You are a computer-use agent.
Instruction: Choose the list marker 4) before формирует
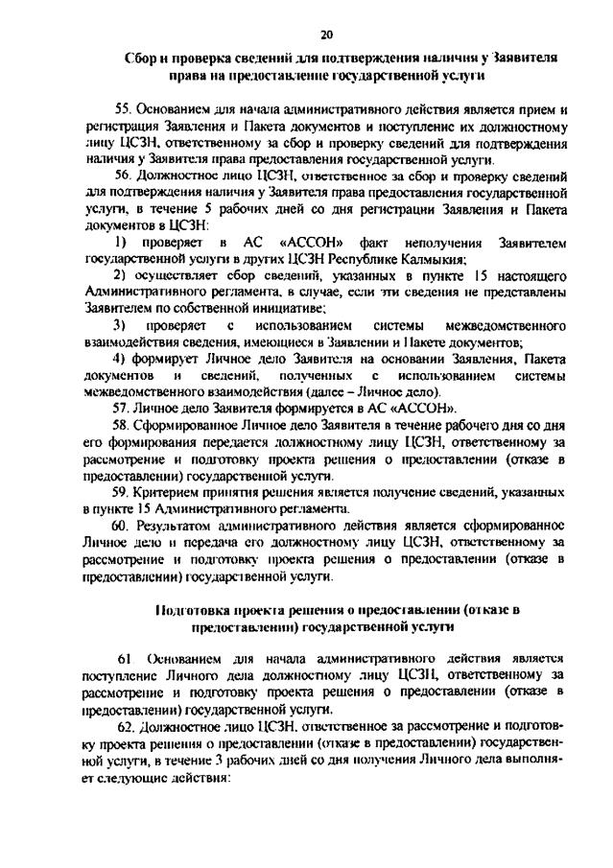pos(121,360)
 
